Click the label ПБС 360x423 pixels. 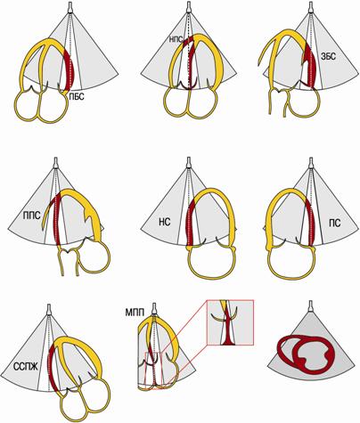pyautogui.click(x=77, y=97)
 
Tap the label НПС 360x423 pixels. pyautogui.click(x=176, y=38)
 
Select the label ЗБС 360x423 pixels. pyautogui.click(x=329, y=56)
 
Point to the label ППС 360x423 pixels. pyautogui.click(x=31, y=216)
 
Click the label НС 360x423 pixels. pyautogui.click(x=164, y=222)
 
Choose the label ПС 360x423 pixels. pyautogui.click(x=335, y=223)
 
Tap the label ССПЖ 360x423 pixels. pyautogui.click(x=26, y=367)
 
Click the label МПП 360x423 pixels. pyautogui.click(x=135, y=313)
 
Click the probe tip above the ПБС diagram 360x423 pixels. pyautogui.click(x=70, y=7)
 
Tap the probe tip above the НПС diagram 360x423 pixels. pyautogui.click(x=189, y=7)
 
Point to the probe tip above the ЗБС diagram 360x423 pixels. pyautogui.click(x=311, y=7)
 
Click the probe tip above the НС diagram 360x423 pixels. pyautogui.click(x=188, y=163)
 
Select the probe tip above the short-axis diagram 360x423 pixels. pyautogui.click(x=311, y=306)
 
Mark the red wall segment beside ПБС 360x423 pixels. pyautogui.click(x=70, y=69)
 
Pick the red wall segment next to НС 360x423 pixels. pyautogui.click(x=189, y=223)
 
